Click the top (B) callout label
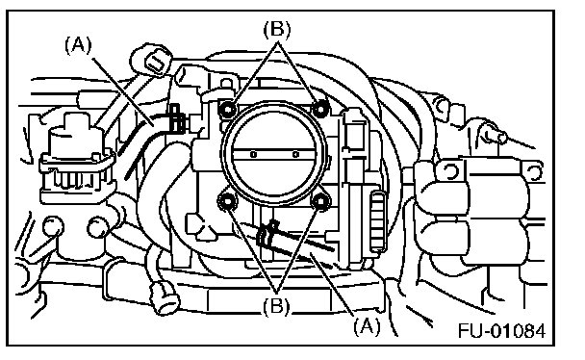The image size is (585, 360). (x=277, y=30)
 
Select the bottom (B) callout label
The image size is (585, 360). (x=276, y=307)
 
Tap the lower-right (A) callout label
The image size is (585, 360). (x=368, y=326)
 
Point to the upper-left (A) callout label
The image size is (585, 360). (x=78, y=45)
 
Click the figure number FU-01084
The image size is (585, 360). (x=502, y=330)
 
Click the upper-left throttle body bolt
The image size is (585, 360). (x=228, y=109)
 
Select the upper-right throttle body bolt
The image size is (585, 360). (x=320, y=109)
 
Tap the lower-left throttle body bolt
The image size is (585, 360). (x=227, y=201)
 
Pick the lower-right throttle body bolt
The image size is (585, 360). (x=320, y=201)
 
